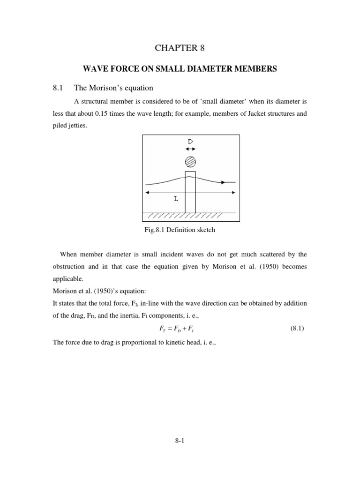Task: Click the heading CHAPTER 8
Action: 180,48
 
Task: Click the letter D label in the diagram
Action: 190,141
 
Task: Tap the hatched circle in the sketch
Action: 190,162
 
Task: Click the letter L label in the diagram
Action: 176,199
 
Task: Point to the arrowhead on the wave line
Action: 223,182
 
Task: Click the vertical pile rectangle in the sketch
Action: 190,195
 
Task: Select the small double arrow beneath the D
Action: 190,149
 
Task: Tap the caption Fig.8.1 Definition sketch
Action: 180,230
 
